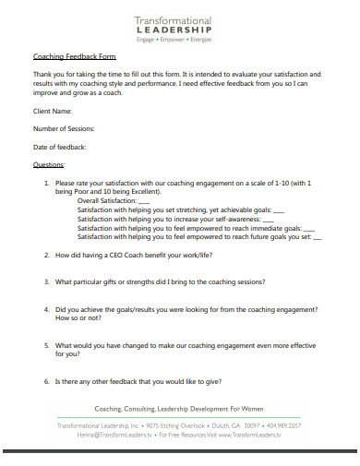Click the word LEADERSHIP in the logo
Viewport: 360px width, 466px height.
click(174, 30)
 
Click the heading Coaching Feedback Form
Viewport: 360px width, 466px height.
click(62, 56)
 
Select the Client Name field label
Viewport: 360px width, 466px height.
click(52, 111)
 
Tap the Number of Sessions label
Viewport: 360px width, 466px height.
click(64, 128)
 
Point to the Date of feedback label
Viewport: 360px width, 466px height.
click(59, 147)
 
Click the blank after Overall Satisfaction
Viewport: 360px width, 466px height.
click(143, 200)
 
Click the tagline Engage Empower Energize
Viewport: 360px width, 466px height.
click(174, 41)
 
